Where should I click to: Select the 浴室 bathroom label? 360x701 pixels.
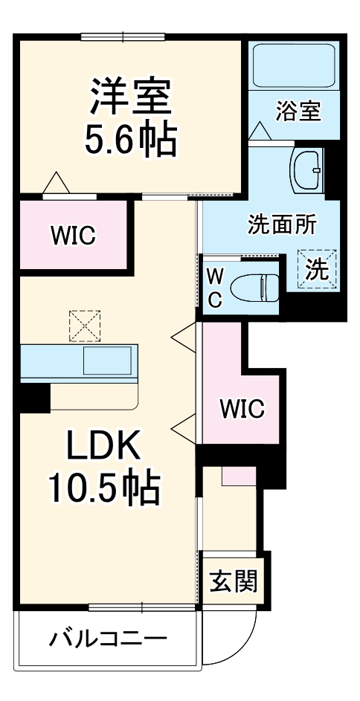pyautogui.click(x=298, y=112)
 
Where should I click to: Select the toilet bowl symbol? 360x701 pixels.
pyautogui.click(x=254, y=285)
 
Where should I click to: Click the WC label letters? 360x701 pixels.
pyautogui.click(x=214, y=288)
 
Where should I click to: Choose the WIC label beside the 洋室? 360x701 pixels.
pyautogui.click(x=73, y=236)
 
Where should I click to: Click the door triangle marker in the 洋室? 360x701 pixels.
pyautogui.click(x=56, y=182)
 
